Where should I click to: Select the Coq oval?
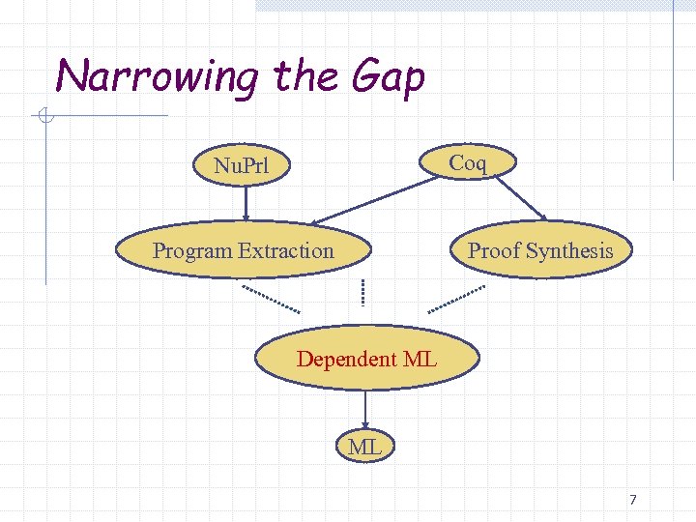[467, 162]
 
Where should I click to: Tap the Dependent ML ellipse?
[366, 359]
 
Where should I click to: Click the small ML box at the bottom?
[364, 447]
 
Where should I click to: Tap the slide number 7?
[632, 500]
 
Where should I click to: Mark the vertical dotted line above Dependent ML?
[362, 292]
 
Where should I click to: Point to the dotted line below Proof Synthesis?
[458, 297]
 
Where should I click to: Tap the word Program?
[192, 251]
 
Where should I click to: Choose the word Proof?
[494, 251]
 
